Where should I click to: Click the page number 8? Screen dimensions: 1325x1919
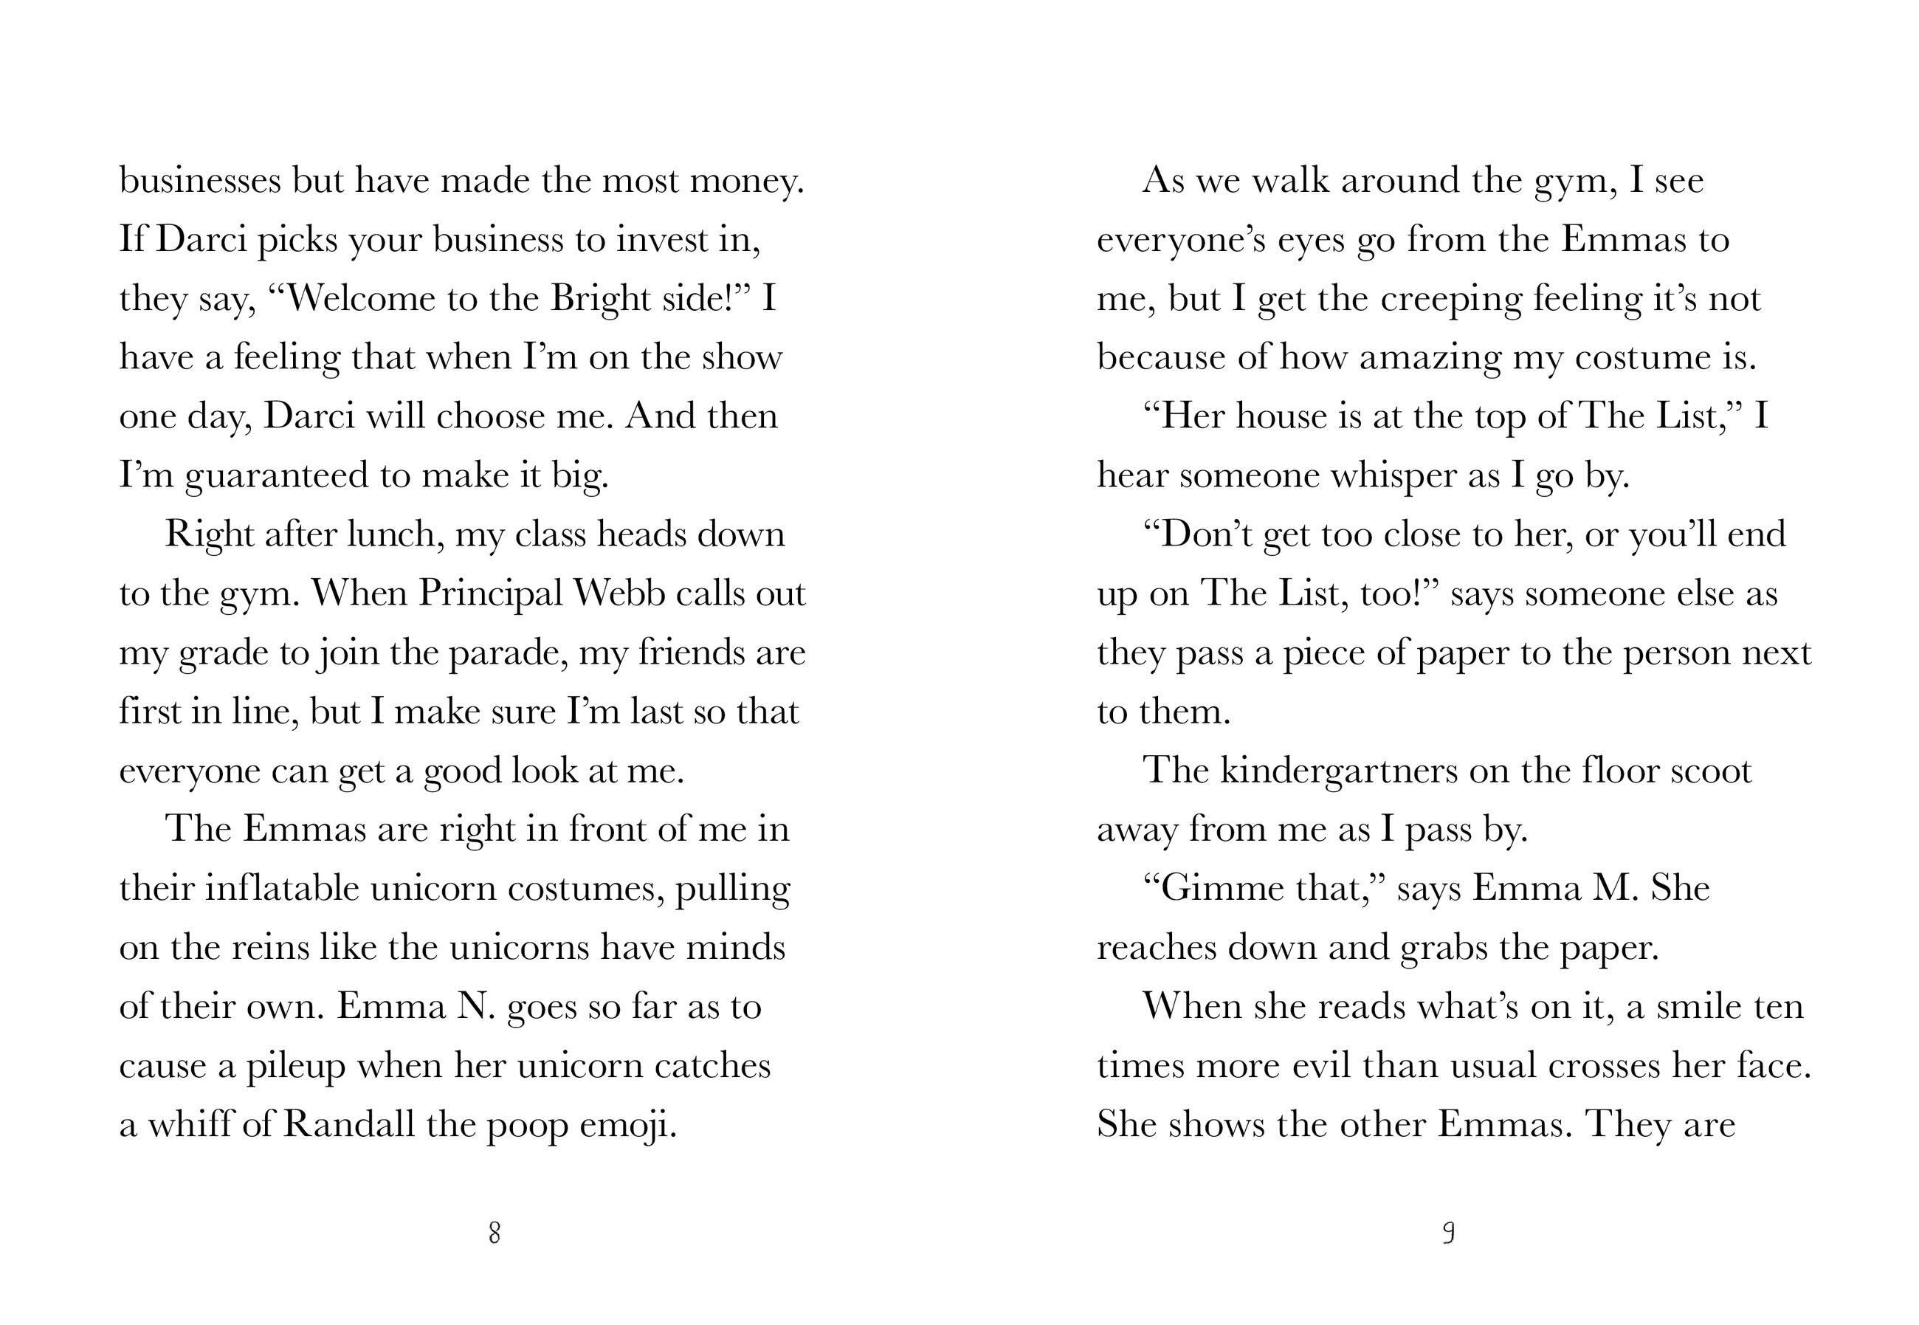pyautogui.click(x=495, y=1233)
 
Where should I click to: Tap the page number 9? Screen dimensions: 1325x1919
pyautogui.click(x=1448, y=1233)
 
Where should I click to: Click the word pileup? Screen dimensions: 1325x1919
pyautogui.click(x=295, y=1067)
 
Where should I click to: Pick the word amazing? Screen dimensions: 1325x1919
pyautogui.click(x=1430, y=359)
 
